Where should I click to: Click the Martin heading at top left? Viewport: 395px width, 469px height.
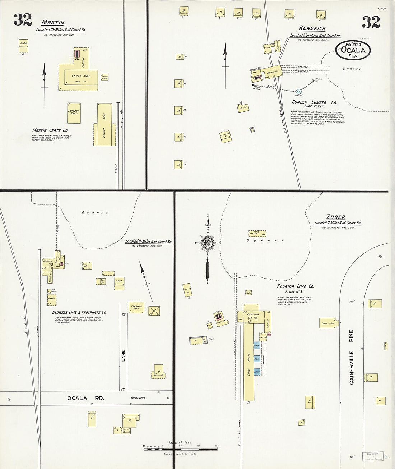[53, 23]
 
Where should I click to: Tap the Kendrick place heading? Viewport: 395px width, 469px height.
[312, 28]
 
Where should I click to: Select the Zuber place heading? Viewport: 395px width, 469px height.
[336, 217]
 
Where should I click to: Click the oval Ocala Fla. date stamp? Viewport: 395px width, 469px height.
[353, 50]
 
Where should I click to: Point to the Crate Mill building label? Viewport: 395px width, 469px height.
[81, 76]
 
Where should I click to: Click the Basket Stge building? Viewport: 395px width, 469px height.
[104, 125]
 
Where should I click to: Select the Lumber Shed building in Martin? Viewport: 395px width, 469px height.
[74, 112]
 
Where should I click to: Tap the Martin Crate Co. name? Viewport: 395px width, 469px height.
[50, 130]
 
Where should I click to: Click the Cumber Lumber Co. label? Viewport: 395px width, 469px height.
[314, 102]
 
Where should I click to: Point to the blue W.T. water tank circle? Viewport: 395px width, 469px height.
[298, 91]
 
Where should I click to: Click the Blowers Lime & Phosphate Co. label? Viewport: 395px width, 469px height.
[79, 313]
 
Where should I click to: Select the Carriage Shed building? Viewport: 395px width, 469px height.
[136, 307]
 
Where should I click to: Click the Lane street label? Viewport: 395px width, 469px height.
[123, 356]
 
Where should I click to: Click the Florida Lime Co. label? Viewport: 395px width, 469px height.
[295, 286]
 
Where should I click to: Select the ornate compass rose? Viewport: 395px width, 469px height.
[208, 243]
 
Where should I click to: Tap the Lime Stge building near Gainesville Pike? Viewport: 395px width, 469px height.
[328, 323]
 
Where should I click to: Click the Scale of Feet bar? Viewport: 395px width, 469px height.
[181, 449]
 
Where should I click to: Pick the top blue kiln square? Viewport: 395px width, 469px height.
[257, 345]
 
